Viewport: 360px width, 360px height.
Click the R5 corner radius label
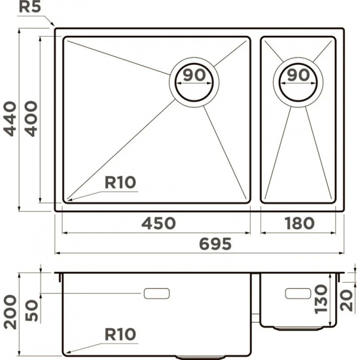tap(30, 7)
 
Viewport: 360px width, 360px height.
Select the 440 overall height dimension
tap(10, 119)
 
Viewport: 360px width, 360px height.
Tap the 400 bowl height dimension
tap(30, 119)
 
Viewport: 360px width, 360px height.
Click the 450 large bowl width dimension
tap(158, 223)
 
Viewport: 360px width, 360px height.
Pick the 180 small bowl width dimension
tap(299, 223)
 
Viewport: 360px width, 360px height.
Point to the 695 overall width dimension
tap(215, 243)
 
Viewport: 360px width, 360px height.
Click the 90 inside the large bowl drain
tap(194, 75)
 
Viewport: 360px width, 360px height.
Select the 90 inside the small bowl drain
tap(298, 75)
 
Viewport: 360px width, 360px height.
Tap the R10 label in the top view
tap(120, 183)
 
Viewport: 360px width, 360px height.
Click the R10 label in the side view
tap(120, 334)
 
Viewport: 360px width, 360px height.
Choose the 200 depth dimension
tap(10, 312)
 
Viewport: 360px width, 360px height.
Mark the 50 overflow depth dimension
tap(31, 310)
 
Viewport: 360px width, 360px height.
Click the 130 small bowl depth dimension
tap(321, 299)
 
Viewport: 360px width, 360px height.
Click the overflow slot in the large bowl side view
tap(156, 293)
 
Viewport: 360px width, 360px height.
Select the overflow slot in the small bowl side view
tap(298, 293)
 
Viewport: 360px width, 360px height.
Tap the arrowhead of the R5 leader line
tap(53, 24)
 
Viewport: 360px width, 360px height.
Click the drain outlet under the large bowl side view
tap(200, 357)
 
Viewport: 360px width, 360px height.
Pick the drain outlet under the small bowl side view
tap(298, 328)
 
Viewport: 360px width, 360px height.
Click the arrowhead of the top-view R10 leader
tap(69, 200)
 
